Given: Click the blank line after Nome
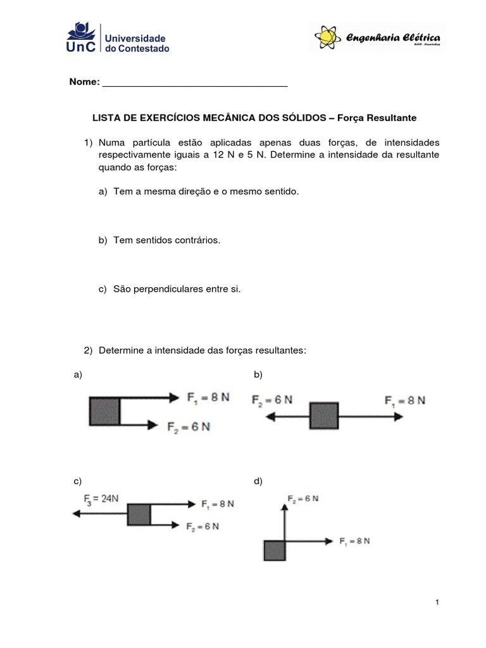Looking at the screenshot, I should click(194, 83).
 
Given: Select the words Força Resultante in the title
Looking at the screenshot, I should click(377, 118).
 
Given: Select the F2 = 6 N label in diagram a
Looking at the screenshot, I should click(188, 427).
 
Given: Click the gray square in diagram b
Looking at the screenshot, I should click(324, 416).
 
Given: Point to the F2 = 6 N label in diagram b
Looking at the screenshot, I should click(272, 400).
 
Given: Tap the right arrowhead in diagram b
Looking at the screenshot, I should click(399, 416).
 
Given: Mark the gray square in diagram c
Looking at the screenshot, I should click(139, 514).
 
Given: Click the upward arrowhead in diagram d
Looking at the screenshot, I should click(284, 498).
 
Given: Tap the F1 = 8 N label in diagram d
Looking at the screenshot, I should click(354, 541).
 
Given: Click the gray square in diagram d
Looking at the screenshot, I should click(273, 551).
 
